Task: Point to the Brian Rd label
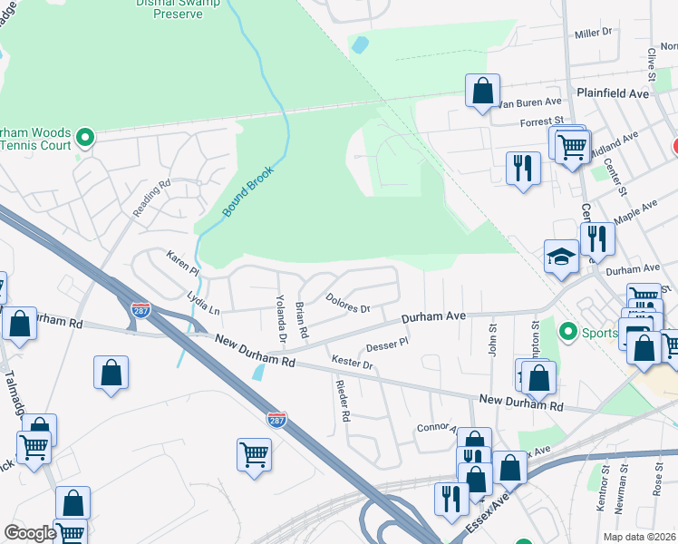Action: tap(303, 319)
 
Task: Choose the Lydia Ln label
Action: tap(203, 303)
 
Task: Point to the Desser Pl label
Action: tap(388, 345)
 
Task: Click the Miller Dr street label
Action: tap(594, 33)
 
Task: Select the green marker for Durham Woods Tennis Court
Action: tap(86, 138)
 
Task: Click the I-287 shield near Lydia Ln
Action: tap(140, 310)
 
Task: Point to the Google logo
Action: tap(30, 532)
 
